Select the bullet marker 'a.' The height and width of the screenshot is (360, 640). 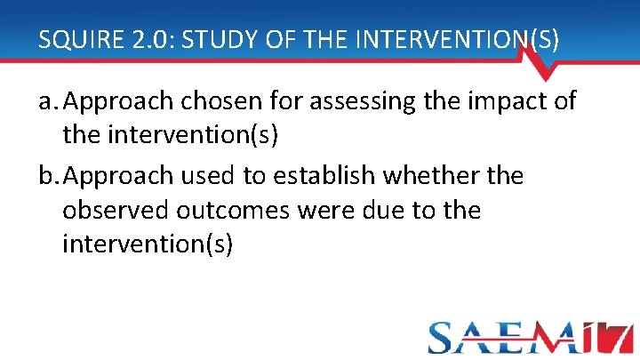[48, 102]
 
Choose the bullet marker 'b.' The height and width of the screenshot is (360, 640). [48, 176]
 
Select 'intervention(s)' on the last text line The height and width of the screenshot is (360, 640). [148, 244]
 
